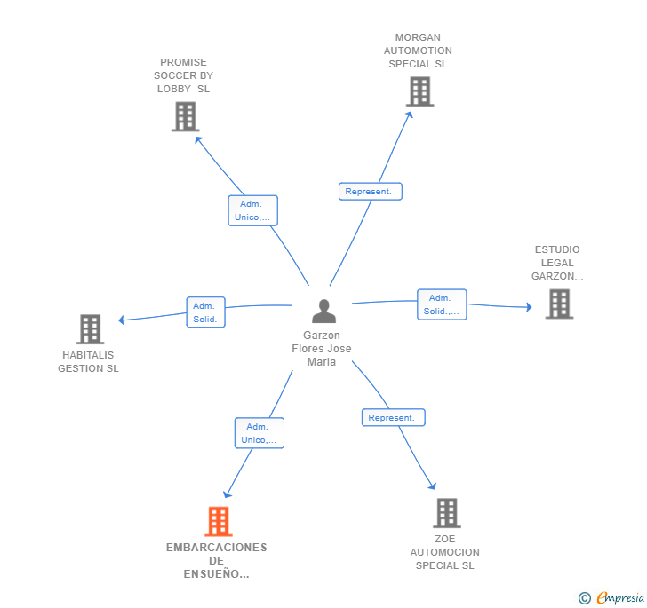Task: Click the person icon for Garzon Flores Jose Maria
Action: [x=324, y=312]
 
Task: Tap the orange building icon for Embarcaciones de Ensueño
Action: [x=219, y=522]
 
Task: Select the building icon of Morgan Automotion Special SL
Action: [x=419, y=91]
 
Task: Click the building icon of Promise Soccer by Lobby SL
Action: [x=185, y=117]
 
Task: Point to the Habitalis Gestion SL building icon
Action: [x=90, y=329]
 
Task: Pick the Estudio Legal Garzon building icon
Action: [x=558, y=304]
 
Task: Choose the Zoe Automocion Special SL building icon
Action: [x=446, y=513]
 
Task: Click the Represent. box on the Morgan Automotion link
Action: [x=371, y=191]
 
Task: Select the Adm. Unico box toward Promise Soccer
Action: [x=253, y=210]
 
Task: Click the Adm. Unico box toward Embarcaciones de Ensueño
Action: [x=260, y=433]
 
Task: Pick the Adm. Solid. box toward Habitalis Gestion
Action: [x=205, y=312]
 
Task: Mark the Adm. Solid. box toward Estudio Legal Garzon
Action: [x=442, y=304]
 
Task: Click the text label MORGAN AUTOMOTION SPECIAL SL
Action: [x=418, y=51]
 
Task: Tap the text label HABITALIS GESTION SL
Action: [x=88, y=362]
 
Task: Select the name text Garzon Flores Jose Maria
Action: [x=322, y=349]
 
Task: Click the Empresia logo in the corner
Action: [x=619, y=598]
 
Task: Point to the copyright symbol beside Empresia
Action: [x=584, y=599]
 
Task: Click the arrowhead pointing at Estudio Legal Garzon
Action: [x=528, y=307]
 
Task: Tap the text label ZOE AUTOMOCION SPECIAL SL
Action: [x=444, y=552]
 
